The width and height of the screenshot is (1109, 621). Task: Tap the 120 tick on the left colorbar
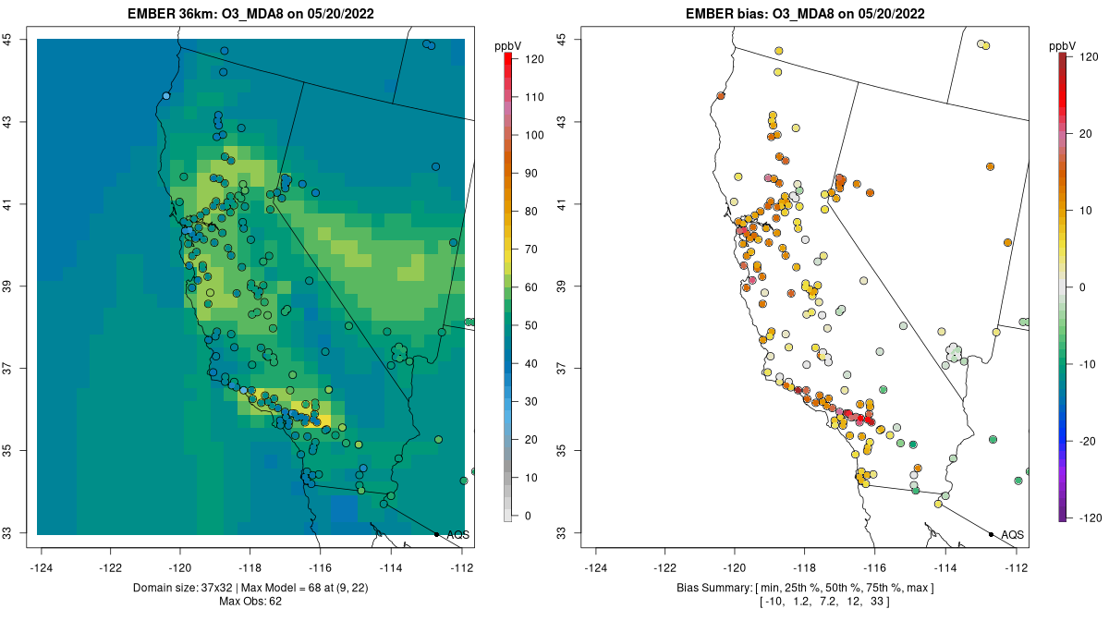pos(524,58)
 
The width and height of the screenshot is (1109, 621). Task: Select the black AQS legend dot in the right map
pos(991,534)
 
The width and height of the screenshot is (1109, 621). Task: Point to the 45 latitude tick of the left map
pos(6,40)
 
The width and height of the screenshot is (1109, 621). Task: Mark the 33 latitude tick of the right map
pos(561,533)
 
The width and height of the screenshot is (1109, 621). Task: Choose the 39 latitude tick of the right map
pos(561,286)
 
